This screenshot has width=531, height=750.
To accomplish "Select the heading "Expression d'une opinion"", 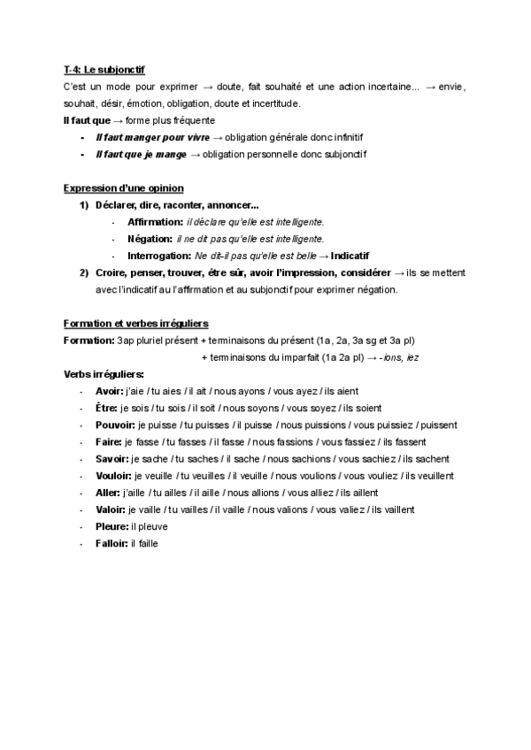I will [x=124, y=187].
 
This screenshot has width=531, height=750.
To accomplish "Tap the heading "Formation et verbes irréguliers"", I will [x=136, y=323].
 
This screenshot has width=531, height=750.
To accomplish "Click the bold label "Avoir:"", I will [x=111, y=391].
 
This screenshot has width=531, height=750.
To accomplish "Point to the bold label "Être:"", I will [x=107, y=408].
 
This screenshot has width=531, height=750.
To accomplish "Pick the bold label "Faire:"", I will [x=110, y=441].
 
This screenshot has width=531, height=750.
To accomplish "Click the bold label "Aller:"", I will [x=109, y=493].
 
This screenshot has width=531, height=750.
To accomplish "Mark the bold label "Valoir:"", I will [x=111, y=509].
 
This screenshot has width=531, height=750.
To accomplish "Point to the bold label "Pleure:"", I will [x=112, y=526].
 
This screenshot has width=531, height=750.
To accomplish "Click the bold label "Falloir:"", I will [x=112, y=543].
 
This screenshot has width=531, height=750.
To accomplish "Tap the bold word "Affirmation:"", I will [x=155, y=221].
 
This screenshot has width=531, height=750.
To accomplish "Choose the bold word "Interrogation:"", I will [x=160, y=256].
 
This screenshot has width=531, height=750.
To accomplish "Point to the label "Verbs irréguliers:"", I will [x=104, y=374].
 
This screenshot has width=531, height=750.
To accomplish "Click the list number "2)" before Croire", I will [x=84, y=272].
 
